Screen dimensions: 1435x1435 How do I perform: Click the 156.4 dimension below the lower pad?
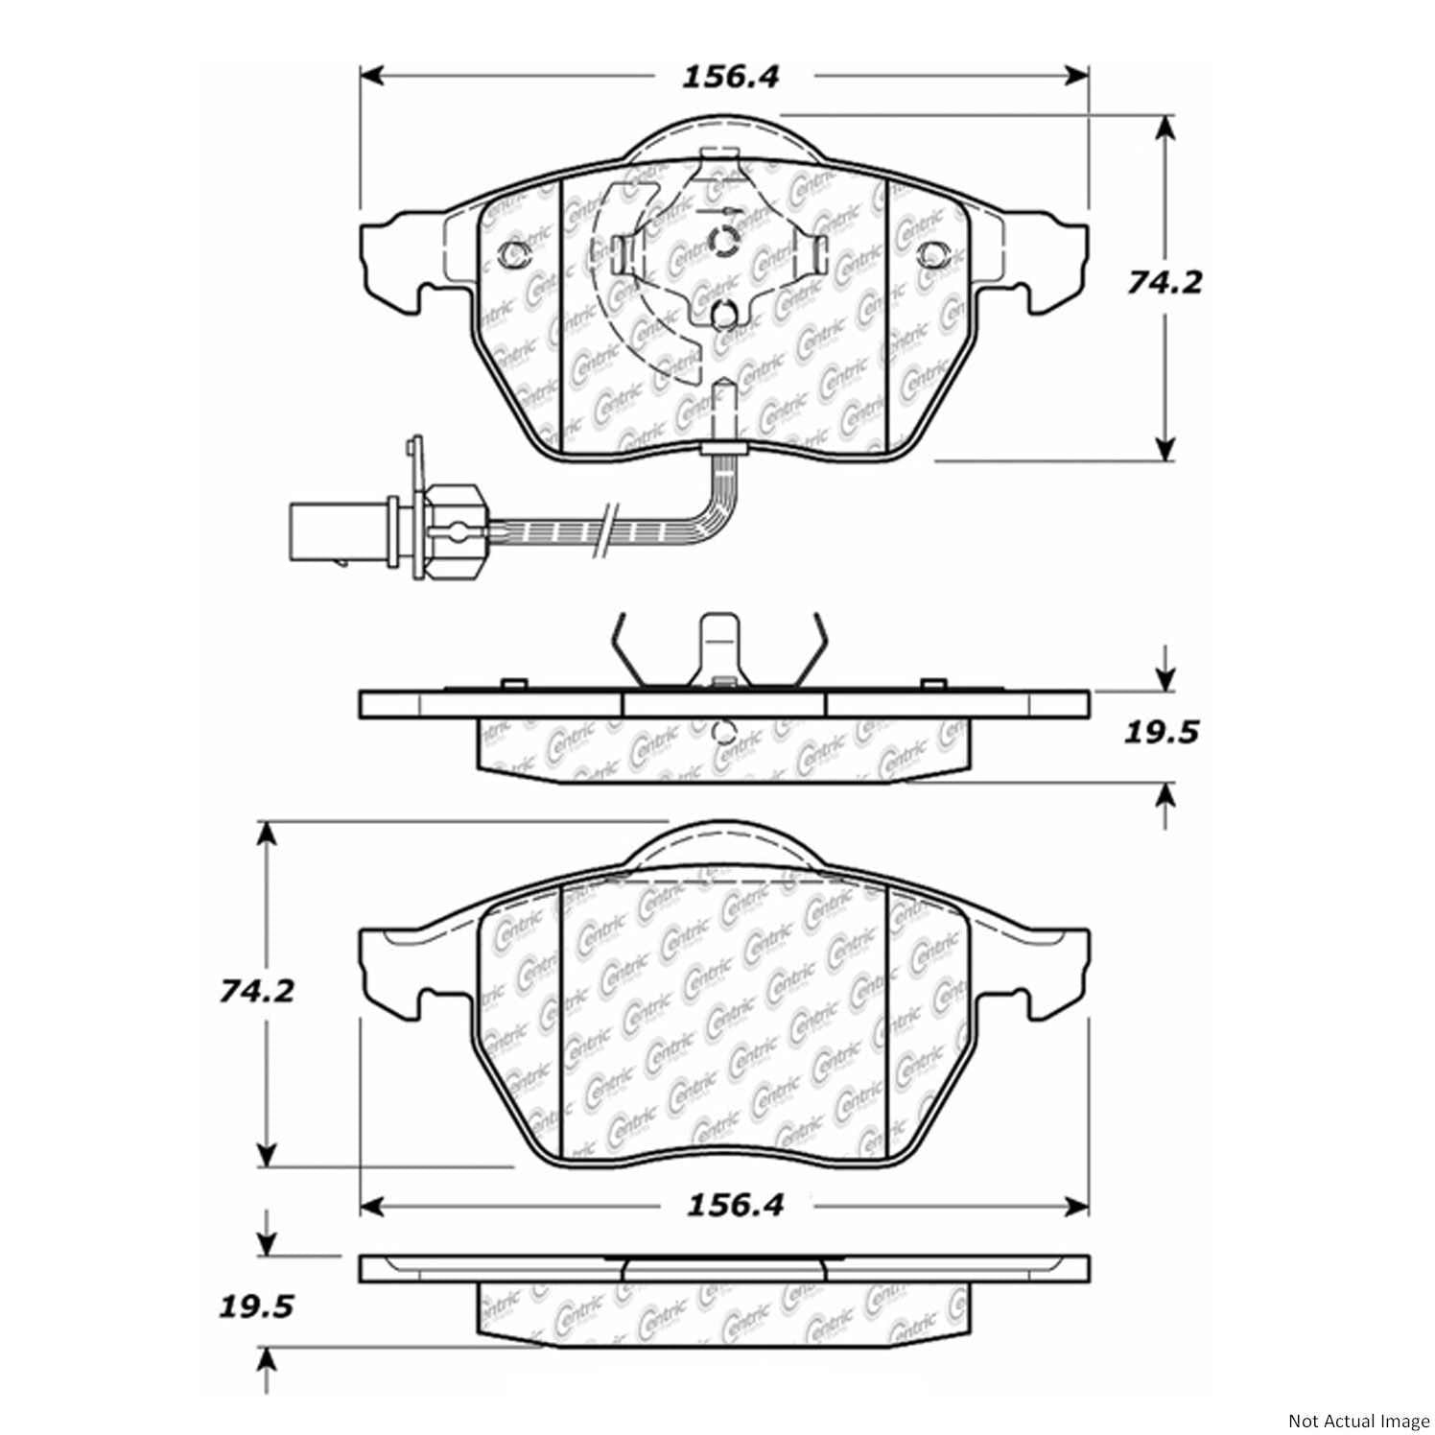point(735,1205)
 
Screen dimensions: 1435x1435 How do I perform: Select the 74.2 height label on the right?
point(1163,283)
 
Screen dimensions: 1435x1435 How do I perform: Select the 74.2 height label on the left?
point(255,992)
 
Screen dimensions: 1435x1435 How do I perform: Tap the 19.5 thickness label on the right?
point(1161,734)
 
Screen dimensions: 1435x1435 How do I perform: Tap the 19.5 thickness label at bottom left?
point(255,1306)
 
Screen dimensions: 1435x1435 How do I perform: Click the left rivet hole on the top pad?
point(515,255)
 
